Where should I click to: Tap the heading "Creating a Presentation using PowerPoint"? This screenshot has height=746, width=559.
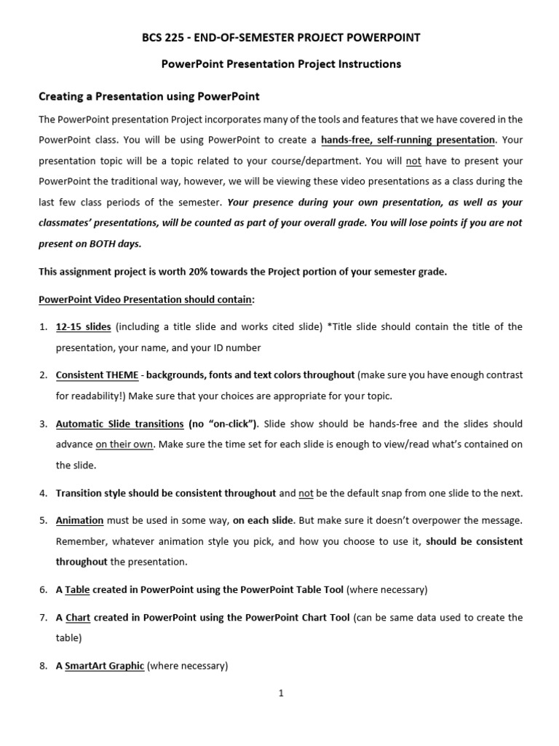coord(148,96)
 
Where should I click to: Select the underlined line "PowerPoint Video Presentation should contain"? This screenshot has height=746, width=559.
coord(146,299)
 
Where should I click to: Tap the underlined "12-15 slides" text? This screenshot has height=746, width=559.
coord(84,326)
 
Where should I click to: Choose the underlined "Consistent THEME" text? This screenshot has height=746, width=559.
coord(97,375)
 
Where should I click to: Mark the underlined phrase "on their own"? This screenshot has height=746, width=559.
coord(124,444)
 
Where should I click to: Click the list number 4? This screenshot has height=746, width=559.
coord(42,493)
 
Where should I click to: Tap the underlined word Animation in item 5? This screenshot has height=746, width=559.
coord(80,521)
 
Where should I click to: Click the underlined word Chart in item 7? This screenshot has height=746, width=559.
coord(78,617)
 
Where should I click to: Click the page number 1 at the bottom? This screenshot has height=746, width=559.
coord(280,694)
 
